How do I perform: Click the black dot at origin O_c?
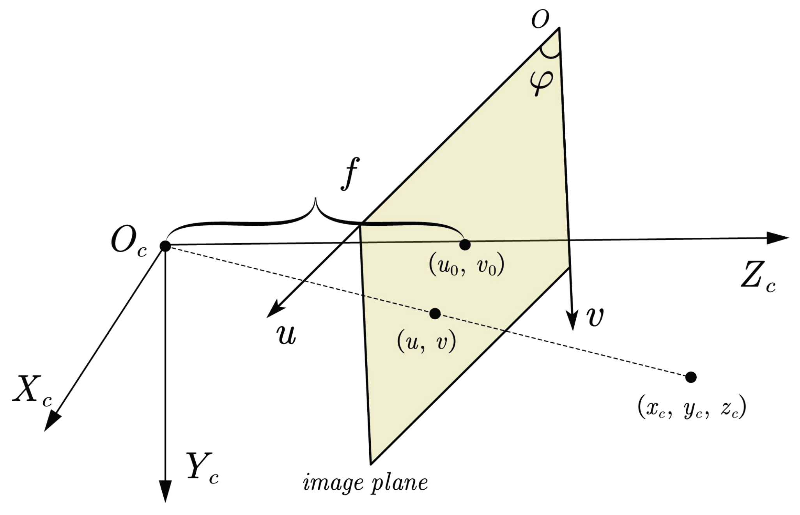pyautogui.click(x=165, y=246)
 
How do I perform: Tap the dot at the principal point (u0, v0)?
pyautogui.click(x=465, y=245)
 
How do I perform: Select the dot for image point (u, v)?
pyautogui.click(x=435, y=313)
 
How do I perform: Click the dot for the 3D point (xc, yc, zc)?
pyautogui.click(x=691, y=377)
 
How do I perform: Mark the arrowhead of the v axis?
pyautogui.click(x=572, y=320)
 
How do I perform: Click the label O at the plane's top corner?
pyautogui.click(x=540, y=18)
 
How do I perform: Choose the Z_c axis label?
pyautogui.click(x=757, y=276)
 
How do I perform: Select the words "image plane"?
pyautogui.click(x=365, y=483)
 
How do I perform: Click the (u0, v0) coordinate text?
pyautogui.click(x=466, y=266)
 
